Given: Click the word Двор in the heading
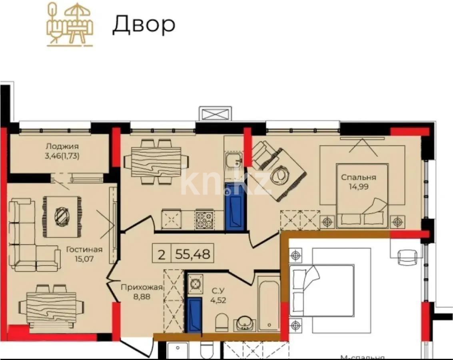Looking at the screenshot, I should point(144,25).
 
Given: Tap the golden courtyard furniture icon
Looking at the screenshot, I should point(70,24).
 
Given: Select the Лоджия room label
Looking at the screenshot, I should point(62,146).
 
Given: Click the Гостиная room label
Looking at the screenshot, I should point(84,250).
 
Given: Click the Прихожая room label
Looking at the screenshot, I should point(142,287).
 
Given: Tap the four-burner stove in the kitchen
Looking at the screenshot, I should point(204,220).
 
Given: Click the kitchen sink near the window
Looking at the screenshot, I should point(234,162).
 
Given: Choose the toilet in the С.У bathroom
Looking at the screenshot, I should point(221,322).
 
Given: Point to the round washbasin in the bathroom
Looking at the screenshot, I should point(243,323).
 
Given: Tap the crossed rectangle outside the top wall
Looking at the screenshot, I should point(216,113).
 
